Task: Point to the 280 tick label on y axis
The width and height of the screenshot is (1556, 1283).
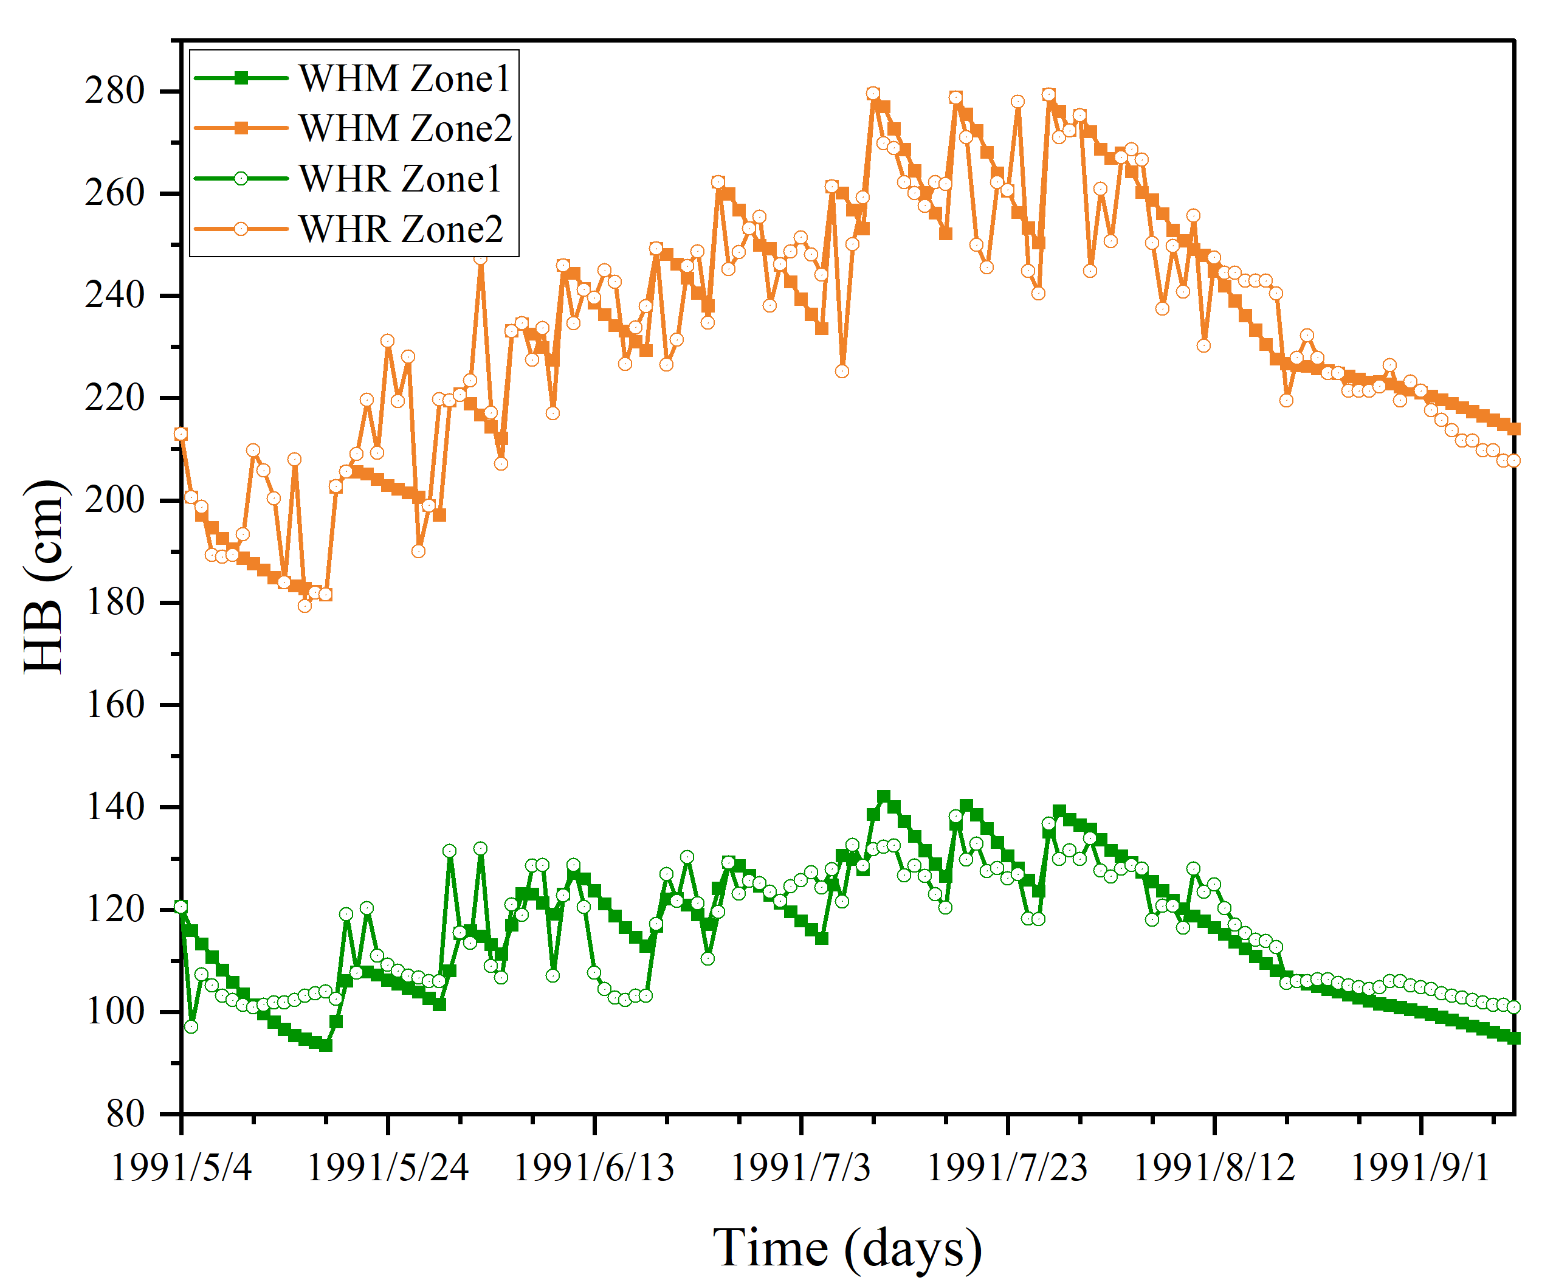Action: click(114, 92)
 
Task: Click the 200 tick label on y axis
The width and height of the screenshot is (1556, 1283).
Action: click(114, 500)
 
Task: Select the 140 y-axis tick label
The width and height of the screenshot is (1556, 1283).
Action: click(114, 807)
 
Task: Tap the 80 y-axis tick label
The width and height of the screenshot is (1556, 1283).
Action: click(125, 1114)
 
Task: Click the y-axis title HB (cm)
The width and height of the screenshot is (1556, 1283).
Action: click(44, 576)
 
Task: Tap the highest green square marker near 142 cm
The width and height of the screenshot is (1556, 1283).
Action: click(884, 797)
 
